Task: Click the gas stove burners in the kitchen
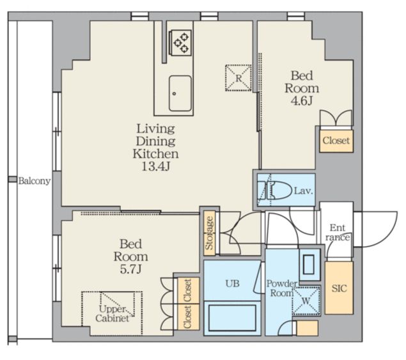click(x=181, y=42)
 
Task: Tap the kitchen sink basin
click(x=180, y=93)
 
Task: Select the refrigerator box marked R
click(x=238, y=78)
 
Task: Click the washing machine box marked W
click(x=306, y=301)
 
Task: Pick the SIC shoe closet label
click(x=339, y=288)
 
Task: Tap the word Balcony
click(x=35, y=180)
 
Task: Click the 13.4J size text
click(x=156, y=167)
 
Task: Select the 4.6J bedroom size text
click(x=302, y=100)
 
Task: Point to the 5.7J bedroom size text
click(x=131, y=269)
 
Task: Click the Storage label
click(x=209, y=233)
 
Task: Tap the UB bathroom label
click(x=232, y=284)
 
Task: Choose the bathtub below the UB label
click(x=232, y=318)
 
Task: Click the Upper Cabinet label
click(x=113, y=313)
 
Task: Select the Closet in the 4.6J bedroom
click(x=336, y=141)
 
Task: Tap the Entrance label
click(x=338, y=233)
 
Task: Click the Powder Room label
click(x=281, y=288)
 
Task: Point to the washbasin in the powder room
click(x=308, y=265)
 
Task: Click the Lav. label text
click(x=304, y=191)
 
